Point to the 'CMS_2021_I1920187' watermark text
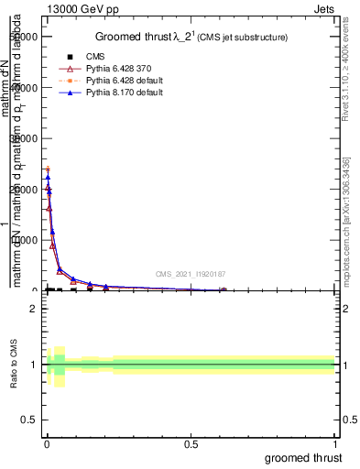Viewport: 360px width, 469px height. click(x=190, y=273)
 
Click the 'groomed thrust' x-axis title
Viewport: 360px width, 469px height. click(x=303, y=457)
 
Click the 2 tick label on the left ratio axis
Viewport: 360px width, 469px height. click(x=33, y=309)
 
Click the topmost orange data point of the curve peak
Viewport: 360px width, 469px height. click(x=48, y=169)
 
